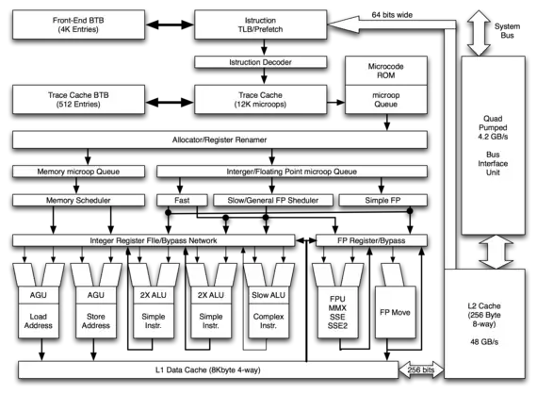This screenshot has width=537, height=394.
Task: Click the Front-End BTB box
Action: coord(78,25)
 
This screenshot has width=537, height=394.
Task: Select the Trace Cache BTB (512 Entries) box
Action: coord(78,99)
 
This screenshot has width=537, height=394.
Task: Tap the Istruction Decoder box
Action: coord(260,62)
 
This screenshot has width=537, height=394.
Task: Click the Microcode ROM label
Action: coord(386,71)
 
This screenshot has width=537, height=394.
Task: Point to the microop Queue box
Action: coord(386,99)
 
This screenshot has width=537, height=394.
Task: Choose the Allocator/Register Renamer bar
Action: coord(220,140)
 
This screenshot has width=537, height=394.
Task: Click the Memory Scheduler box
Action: coord(78,201)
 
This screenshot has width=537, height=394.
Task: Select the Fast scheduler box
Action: coord(182,201)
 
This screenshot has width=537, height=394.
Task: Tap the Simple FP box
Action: coord(382,201)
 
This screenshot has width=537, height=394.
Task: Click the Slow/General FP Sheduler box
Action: coord(273,201)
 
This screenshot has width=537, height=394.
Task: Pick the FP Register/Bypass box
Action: coord(371,240)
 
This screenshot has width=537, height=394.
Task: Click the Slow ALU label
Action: coord(268,295)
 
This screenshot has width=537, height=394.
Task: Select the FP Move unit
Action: coord(396,312)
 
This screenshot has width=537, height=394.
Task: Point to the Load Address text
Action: coord(39,321)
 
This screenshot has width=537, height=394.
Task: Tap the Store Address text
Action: coord(96,321)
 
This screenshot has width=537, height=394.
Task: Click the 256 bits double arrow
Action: coord(421,370)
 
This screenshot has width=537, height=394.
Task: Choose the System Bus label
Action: coord(507,31)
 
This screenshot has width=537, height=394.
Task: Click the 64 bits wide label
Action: coord(392,15)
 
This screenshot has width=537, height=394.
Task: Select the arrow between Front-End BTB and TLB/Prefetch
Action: coord(170,25)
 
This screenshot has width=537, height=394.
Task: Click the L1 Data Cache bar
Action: coord(208,370)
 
